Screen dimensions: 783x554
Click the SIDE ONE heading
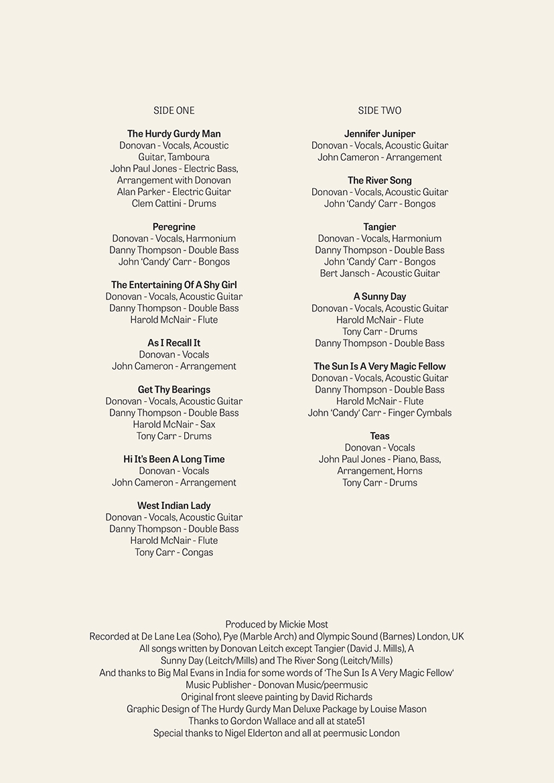pyautogui.click(x=174, y=111)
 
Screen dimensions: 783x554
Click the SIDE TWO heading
pyautogui.click(x=380, y=111)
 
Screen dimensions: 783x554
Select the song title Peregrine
pyautogui.click(x=174, y=227)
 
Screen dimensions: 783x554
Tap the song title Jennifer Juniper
pyautogui.click(x=380, y=134)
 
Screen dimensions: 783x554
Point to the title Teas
pyautogui.click(x=380, y=436)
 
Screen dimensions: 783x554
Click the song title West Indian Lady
pyautogui.click(x=174, y=506)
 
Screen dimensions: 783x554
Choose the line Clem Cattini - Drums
pyautogui.click(x=174, y=204)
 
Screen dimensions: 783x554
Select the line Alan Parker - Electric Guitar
pyautogui.click(x=174, y=192)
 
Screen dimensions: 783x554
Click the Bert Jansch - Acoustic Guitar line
pyautogui.click(x=380, y=273)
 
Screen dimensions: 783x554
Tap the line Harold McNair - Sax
pyautogui.click(x=174, y=425)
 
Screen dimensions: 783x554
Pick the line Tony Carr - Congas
pyautogui.click(x=174, y=553)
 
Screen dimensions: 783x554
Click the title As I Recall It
pyautogui.click(x=174, y=343)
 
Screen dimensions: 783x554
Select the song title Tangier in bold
pyautogui.click(x=380, y=227)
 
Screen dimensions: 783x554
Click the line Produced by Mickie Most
pyautogui.click(x=277, y=624)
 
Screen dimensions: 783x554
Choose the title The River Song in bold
pyautogui.click(x=380, y=181)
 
